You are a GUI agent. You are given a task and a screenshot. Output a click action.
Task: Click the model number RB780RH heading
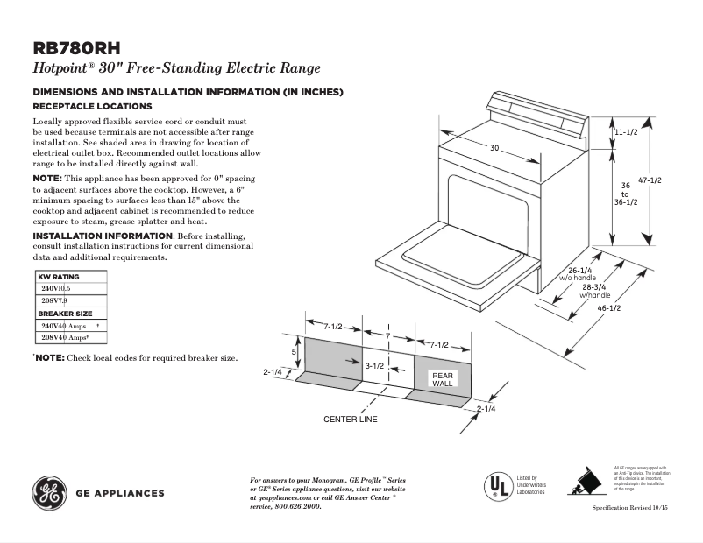(x=76, y=49)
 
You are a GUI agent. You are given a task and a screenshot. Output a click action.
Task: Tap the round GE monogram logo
(x=49, y=492)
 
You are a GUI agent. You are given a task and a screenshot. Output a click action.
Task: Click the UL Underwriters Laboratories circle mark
(x=498, y=485)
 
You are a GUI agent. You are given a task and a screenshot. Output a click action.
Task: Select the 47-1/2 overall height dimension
(x=649, y=180)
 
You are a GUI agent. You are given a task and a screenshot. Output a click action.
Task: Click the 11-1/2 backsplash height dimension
(x=624, y=131)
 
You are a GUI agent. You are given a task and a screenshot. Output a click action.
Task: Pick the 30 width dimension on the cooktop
(x=494, y=149)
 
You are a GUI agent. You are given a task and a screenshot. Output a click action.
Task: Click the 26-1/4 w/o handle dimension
(x=579, y=271)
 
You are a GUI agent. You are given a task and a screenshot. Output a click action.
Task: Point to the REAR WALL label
(x=441, y=379)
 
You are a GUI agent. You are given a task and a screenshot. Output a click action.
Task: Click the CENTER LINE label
(x=351, y=420)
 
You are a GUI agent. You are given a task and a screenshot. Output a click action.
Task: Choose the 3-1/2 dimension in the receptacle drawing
(x=374, y=365)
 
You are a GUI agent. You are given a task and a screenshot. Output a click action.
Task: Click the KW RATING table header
(x=59, y=277)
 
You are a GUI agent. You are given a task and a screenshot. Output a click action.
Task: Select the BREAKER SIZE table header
(x=65, y=314)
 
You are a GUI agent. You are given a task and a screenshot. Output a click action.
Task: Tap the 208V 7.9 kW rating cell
(x=55, y=300)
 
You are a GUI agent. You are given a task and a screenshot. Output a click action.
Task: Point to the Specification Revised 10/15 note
(x=628, y=508)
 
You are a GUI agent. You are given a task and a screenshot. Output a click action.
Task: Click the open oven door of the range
(x=456, y=256)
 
